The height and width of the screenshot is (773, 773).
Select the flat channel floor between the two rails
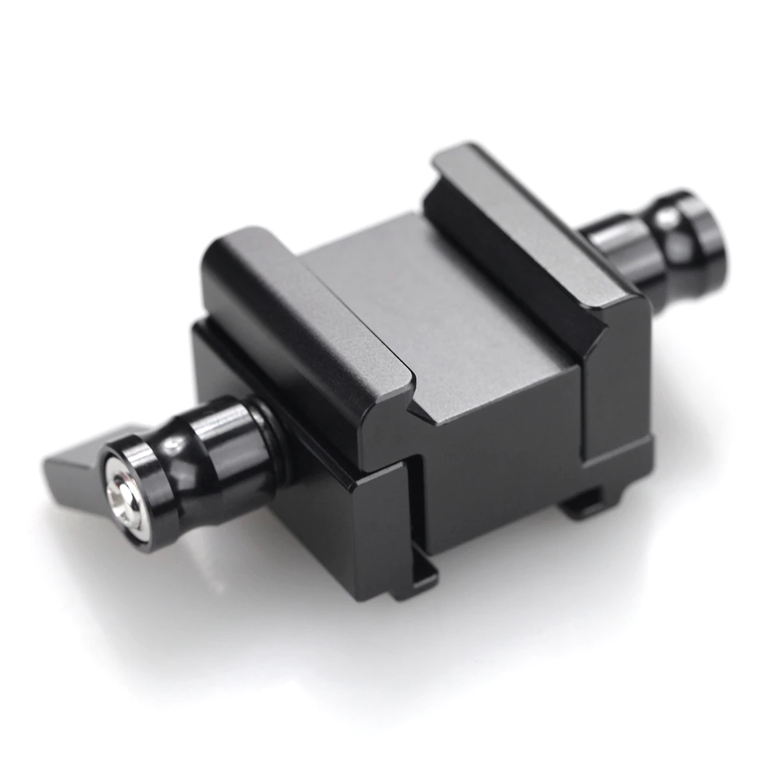pyautogui.click(x=433, y=317)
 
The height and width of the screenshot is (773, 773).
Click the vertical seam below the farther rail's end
pyautogui.click(x=584, y=410)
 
